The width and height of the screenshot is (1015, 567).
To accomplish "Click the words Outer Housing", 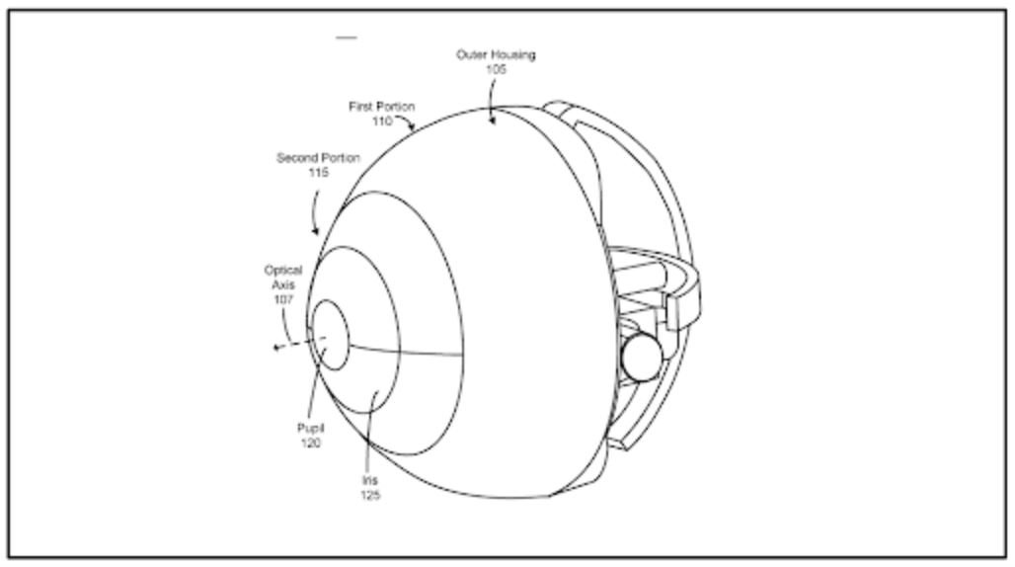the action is pyautogui.click(x=496, y=54).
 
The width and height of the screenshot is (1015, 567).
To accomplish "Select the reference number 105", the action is pyautogui.click(x=496, y=69).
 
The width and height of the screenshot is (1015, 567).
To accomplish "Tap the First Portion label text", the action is pyautogui.click(x=382, y=106).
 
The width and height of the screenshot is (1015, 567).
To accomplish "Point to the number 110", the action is pyautogui.click(x=382, y=121).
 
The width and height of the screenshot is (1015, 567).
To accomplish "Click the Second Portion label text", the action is pyautogui.click(x=318, y=158).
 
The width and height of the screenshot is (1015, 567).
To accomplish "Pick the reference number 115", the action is pyautogui.click(x=319, y=173).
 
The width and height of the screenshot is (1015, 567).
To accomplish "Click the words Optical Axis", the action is pyautogui.click(x=283, y=277).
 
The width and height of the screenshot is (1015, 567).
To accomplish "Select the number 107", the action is pyautogui.click(x=283, y=299).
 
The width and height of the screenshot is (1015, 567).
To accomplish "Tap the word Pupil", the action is pyautogui.click(x=311, y=428).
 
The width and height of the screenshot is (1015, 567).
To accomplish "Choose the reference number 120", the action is pyautogui.click(x=311, y=444).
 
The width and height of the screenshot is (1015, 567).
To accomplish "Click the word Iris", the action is pyautogui.click(x=369, y=480).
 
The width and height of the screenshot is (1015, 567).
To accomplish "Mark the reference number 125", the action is pyautogui.click(x=370, y=496).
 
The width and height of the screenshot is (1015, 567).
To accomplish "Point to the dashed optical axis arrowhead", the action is pyautogui.click(x=276, y=348).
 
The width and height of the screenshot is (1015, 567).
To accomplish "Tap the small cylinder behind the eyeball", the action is pyautogui.click(x=641, y=357).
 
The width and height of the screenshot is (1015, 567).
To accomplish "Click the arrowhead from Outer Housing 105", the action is pyautogui.click(x=492, y=120).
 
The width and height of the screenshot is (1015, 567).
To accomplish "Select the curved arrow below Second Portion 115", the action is pyautogui.click(x=314, y=211).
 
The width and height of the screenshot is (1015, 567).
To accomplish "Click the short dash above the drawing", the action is pyautogui.click(x=347, y=39).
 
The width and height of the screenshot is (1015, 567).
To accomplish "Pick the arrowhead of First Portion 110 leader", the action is pyautogui.click(x=411, y=126).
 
